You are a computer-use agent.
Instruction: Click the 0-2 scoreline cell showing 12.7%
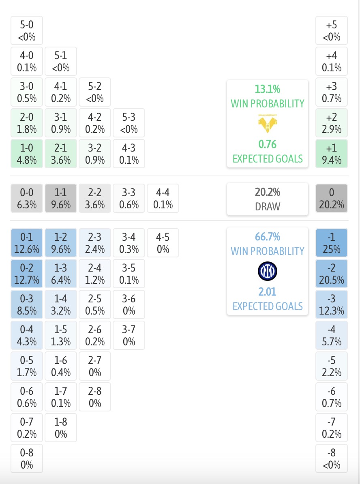pos(27,274)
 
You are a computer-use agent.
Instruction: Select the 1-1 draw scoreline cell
pos(61,199)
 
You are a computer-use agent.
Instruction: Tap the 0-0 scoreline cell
pos(27,199)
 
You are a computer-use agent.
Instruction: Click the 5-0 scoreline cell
pos(27,31)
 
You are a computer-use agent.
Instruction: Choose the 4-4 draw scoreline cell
pos(163,199)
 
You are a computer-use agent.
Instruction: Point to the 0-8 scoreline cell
pos(27,458)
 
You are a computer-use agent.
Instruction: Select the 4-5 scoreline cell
pos(163,243)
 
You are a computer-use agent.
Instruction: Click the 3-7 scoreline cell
pos(129,335)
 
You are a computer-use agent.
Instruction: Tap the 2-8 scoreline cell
pos(95,397)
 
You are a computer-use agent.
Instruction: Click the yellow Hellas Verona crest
pos(268,123)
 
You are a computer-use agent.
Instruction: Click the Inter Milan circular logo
pos(268,271)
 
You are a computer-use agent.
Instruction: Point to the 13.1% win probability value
pos(268,89)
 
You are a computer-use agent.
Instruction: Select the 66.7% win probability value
pos(268,237)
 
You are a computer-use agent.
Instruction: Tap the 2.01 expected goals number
pos(268,291)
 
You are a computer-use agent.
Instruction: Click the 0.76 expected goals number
pos(268,144)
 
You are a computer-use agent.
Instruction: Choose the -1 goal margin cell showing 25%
pos(332,243)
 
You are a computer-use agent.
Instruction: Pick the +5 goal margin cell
pos(332,31)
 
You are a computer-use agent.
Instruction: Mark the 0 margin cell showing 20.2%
pos(332,199)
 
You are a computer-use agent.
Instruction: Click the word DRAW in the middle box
pos(268,206)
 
